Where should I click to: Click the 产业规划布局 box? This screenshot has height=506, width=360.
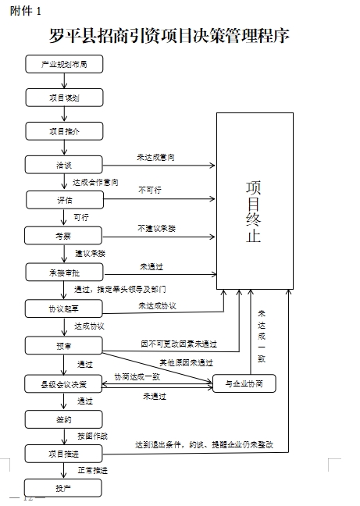(x=63, y=64)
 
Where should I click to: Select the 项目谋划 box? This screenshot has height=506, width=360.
(x=63, y=98)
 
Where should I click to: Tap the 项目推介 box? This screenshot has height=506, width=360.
(x=63, y=131)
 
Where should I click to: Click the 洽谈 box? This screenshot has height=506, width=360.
(x=63, y=165)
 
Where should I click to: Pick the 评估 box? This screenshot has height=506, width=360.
(x=63, y=200)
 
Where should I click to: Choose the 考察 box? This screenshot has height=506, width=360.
(x=63, y=235)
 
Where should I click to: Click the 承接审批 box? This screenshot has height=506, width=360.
(x=63, y=272)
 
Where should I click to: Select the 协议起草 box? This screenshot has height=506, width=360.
(x=63, y=309)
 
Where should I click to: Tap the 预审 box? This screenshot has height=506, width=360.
(x=63, y=345)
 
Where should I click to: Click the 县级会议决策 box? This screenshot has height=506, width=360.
(x=63, y=383)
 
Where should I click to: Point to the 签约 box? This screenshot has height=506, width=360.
(x=63, y=419)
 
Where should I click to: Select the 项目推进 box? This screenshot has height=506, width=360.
(x=63, y=453)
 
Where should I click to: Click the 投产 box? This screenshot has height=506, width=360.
(x=63, y=488)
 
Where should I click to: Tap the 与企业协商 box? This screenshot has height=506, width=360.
(x=244, y=383)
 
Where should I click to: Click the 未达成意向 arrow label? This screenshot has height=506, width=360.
(x=155, y=158)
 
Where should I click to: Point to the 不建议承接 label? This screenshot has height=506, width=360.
(x=156, y=228)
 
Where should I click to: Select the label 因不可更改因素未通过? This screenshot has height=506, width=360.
(x=177, y=343)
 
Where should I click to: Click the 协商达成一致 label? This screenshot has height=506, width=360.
(x=137, y=376)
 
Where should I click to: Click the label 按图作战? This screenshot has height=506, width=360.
(x=92, y=436)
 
